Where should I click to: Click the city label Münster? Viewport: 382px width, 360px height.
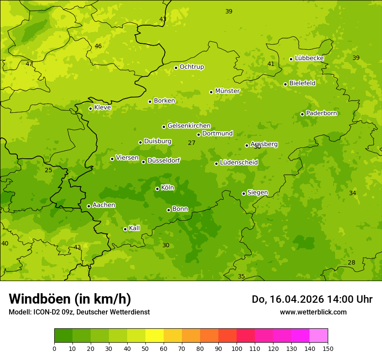coord(227,91)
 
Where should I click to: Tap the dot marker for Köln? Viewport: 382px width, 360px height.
coord(157,189)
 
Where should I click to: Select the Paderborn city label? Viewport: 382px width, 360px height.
coord(322,113)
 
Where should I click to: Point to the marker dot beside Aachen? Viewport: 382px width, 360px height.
coord(89,206)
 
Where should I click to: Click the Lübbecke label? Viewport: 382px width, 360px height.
coord(309,58)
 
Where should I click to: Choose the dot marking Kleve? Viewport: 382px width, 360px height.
coord(90,108)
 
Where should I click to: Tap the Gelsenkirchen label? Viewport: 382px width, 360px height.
coord(189,126)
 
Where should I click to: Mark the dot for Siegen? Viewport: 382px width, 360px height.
coord(244,193)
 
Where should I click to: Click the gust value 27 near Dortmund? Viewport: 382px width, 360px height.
coord(191,143)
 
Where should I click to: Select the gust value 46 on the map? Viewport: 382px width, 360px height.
coord(98,46)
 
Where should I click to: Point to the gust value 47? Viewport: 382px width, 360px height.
coord(29,64)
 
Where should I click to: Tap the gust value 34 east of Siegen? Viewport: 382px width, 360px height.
coord(352,193)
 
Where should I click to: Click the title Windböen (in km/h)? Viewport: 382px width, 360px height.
coord(70,299)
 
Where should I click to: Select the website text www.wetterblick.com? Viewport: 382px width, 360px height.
coord(313,312)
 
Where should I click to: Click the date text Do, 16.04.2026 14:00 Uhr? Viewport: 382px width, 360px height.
coord(312,299)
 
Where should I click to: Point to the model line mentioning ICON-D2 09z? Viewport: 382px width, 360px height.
coord(79,312)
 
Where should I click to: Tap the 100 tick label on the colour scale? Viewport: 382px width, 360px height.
coord(237,348)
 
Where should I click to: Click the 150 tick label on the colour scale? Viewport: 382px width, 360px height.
coord(328,348)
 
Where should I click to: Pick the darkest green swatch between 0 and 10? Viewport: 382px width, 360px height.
coord(63,336)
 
